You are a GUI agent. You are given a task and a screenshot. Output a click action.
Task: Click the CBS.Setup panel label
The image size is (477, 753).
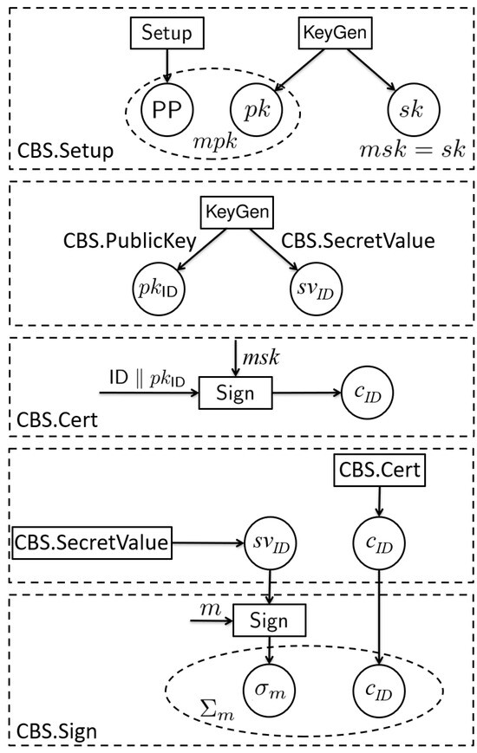tap(66, 152)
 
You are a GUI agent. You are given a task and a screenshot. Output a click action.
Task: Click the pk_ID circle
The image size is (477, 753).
tap(158, 289)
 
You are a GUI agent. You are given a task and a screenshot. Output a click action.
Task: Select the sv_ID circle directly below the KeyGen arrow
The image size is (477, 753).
tap(315, 289)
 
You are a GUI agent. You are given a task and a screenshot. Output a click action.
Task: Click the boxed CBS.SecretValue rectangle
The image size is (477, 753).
tap(92, 543)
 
